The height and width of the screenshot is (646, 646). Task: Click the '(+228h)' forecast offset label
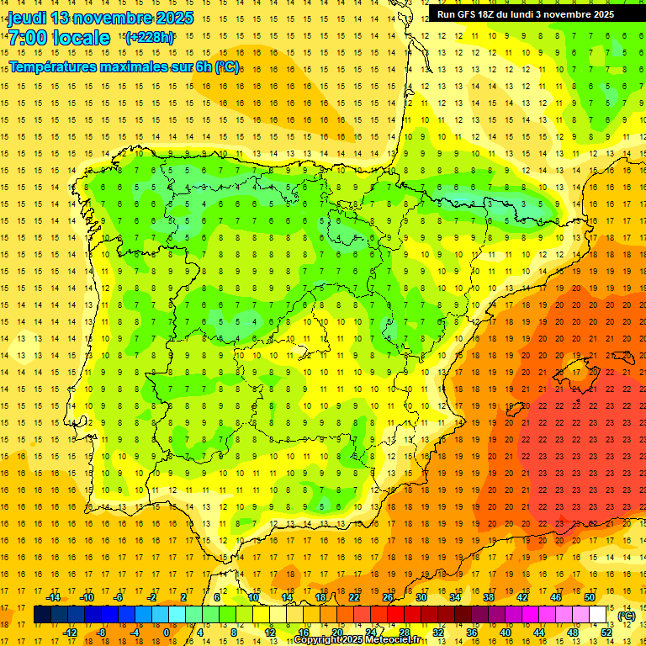(149, 37)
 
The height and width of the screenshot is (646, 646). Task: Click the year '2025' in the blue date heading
(172, 18)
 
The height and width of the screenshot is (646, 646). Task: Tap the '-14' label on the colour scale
(54, 597)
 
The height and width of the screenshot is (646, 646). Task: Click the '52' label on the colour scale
(606, 632)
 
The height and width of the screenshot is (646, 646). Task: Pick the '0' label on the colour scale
(166, 632)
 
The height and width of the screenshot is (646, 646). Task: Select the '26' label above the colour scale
(388, 597)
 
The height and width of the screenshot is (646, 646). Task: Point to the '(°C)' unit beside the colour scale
(627, 616)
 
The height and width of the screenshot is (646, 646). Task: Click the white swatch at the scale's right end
(598, 615)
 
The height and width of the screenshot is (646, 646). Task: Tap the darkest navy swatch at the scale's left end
(42, 615)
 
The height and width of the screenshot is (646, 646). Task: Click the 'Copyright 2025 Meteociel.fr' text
(357, 640)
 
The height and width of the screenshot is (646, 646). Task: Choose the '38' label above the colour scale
(489, 597)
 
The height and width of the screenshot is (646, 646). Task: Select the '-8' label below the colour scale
(101, 632)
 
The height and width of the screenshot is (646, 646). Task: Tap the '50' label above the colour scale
(590, 597)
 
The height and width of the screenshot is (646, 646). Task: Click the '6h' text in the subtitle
(203, 66)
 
